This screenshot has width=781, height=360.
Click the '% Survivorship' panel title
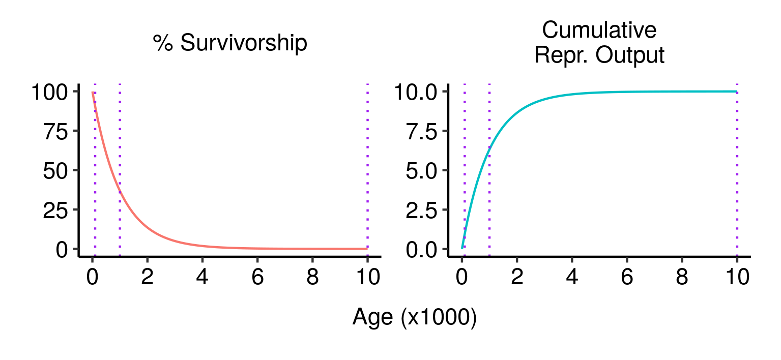tap(230, 44)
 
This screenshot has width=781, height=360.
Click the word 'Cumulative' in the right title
tap(599, 31)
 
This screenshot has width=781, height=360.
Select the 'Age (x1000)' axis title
tap(414, 318)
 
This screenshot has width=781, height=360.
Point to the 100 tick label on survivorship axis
tap(50, 93)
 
